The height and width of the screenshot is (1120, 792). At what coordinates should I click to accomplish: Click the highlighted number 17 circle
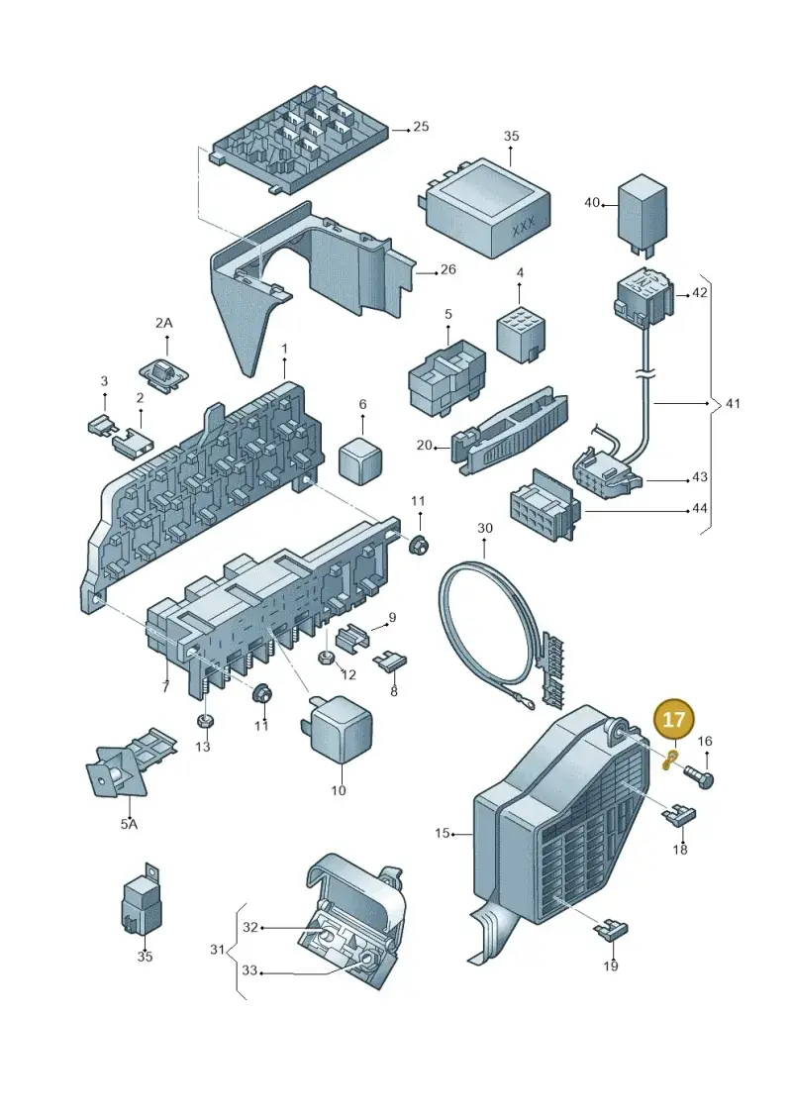(x=673, y=719)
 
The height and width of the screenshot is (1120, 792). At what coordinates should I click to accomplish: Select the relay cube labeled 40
(x=643, y=213)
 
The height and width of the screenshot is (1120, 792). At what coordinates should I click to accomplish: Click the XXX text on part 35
(x=524, y=227)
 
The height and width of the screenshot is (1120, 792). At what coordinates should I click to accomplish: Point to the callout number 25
(x=421, y=127)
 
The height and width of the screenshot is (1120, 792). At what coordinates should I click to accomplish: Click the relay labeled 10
(x=338, y=728)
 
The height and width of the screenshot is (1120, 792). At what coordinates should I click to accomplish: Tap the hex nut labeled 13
(x=204, y=719)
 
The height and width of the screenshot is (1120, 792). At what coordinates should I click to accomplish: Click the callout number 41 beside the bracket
(x=733, y=404)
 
